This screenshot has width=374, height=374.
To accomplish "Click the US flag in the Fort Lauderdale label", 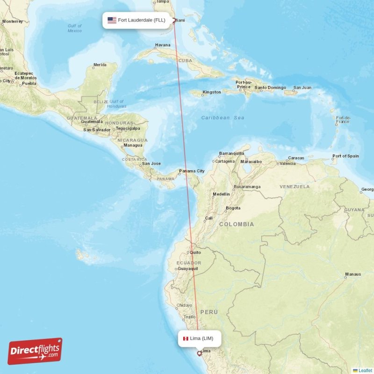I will click(112, 20).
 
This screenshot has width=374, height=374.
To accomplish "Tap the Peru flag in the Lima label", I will click(185, 338).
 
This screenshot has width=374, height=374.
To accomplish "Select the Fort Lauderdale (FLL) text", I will click(141, 20).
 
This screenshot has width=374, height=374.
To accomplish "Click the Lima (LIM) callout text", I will click(201, 338).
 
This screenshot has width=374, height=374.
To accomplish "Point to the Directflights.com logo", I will click(35, 351).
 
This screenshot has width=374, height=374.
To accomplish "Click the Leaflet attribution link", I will click(365, 370).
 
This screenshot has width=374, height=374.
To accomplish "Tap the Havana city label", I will click(163, 45).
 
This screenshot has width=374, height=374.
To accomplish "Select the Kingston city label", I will click(211, 92).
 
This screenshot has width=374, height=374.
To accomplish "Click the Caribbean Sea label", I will click(223, 118).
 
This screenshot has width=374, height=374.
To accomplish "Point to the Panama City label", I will click(192, 171).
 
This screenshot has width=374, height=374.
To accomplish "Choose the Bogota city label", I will click(233, 208).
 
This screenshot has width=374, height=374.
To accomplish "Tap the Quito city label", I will click(195, 252).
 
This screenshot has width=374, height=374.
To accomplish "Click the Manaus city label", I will click(353, 274).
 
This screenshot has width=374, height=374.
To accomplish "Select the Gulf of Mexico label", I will click(74, 28).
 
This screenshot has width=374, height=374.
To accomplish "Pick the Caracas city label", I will click(296, 158).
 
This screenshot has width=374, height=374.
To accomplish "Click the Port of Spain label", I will click(345, 156).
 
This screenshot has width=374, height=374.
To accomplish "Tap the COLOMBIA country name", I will click(237, 224).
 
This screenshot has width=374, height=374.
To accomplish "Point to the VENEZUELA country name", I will click(295, 187).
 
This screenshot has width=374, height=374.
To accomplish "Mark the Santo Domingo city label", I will click(270, 88).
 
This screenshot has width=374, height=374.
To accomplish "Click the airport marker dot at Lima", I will click(200, 353).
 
